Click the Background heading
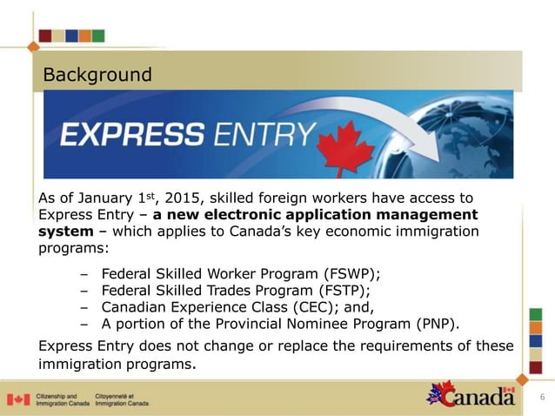[97, 75]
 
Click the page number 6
[542, 399]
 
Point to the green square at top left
[98, 36]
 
